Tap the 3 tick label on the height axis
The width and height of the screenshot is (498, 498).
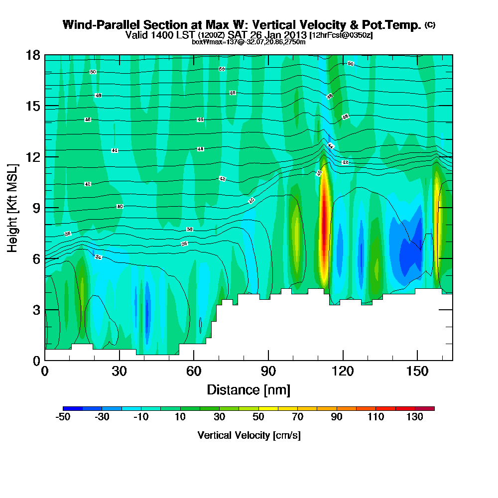pyautogui.click(x=36, y=310)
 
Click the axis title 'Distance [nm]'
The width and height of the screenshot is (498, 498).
pyautogui.click(x=249, y=389)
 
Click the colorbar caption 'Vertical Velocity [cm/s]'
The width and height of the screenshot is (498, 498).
pyautogui.click(x=249, y=435)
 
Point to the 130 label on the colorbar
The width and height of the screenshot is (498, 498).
pyautogui.click(x=414, y=417)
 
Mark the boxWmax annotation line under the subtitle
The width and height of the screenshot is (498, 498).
pyautogui.click(x=249, y=42)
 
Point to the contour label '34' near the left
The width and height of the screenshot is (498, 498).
pyautogui.click(x=98, y=257)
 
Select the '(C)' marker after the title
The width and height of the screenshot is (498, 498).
pyautogui.click(x=430, y=25)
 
